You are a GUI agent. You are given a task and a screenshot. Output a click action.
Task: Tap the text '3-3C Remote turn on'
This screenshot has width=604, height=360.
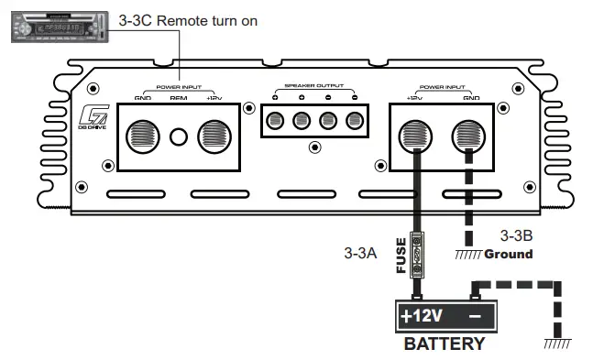189,20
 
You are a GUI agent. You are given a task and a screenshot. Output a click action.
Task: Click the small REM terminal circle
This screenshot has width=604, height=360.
181,137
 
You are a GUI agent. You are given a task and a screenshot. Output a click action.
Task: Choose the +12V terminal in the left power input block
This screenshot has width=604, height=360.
214,137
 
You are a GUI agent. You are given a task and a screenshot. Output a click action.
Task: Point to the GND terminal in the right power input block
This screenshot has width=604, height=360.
472,136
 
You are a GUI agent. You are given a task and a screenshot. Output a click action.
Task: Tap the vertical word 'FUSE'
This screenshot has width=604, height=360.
401,256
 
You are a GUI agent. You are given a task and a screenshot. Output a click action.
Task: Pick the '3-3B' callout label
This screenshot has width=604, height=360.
515,234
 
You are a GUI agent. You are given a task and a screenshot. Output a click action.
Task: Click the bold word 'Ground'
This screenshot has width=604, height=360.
509,254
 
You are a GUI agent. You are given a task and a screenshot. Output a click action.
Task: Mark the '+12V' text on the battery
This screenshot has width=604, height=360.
423,318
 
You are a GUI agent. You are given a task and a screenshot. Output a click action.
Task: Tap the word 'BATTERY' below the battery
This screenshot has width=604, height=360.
445,344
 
